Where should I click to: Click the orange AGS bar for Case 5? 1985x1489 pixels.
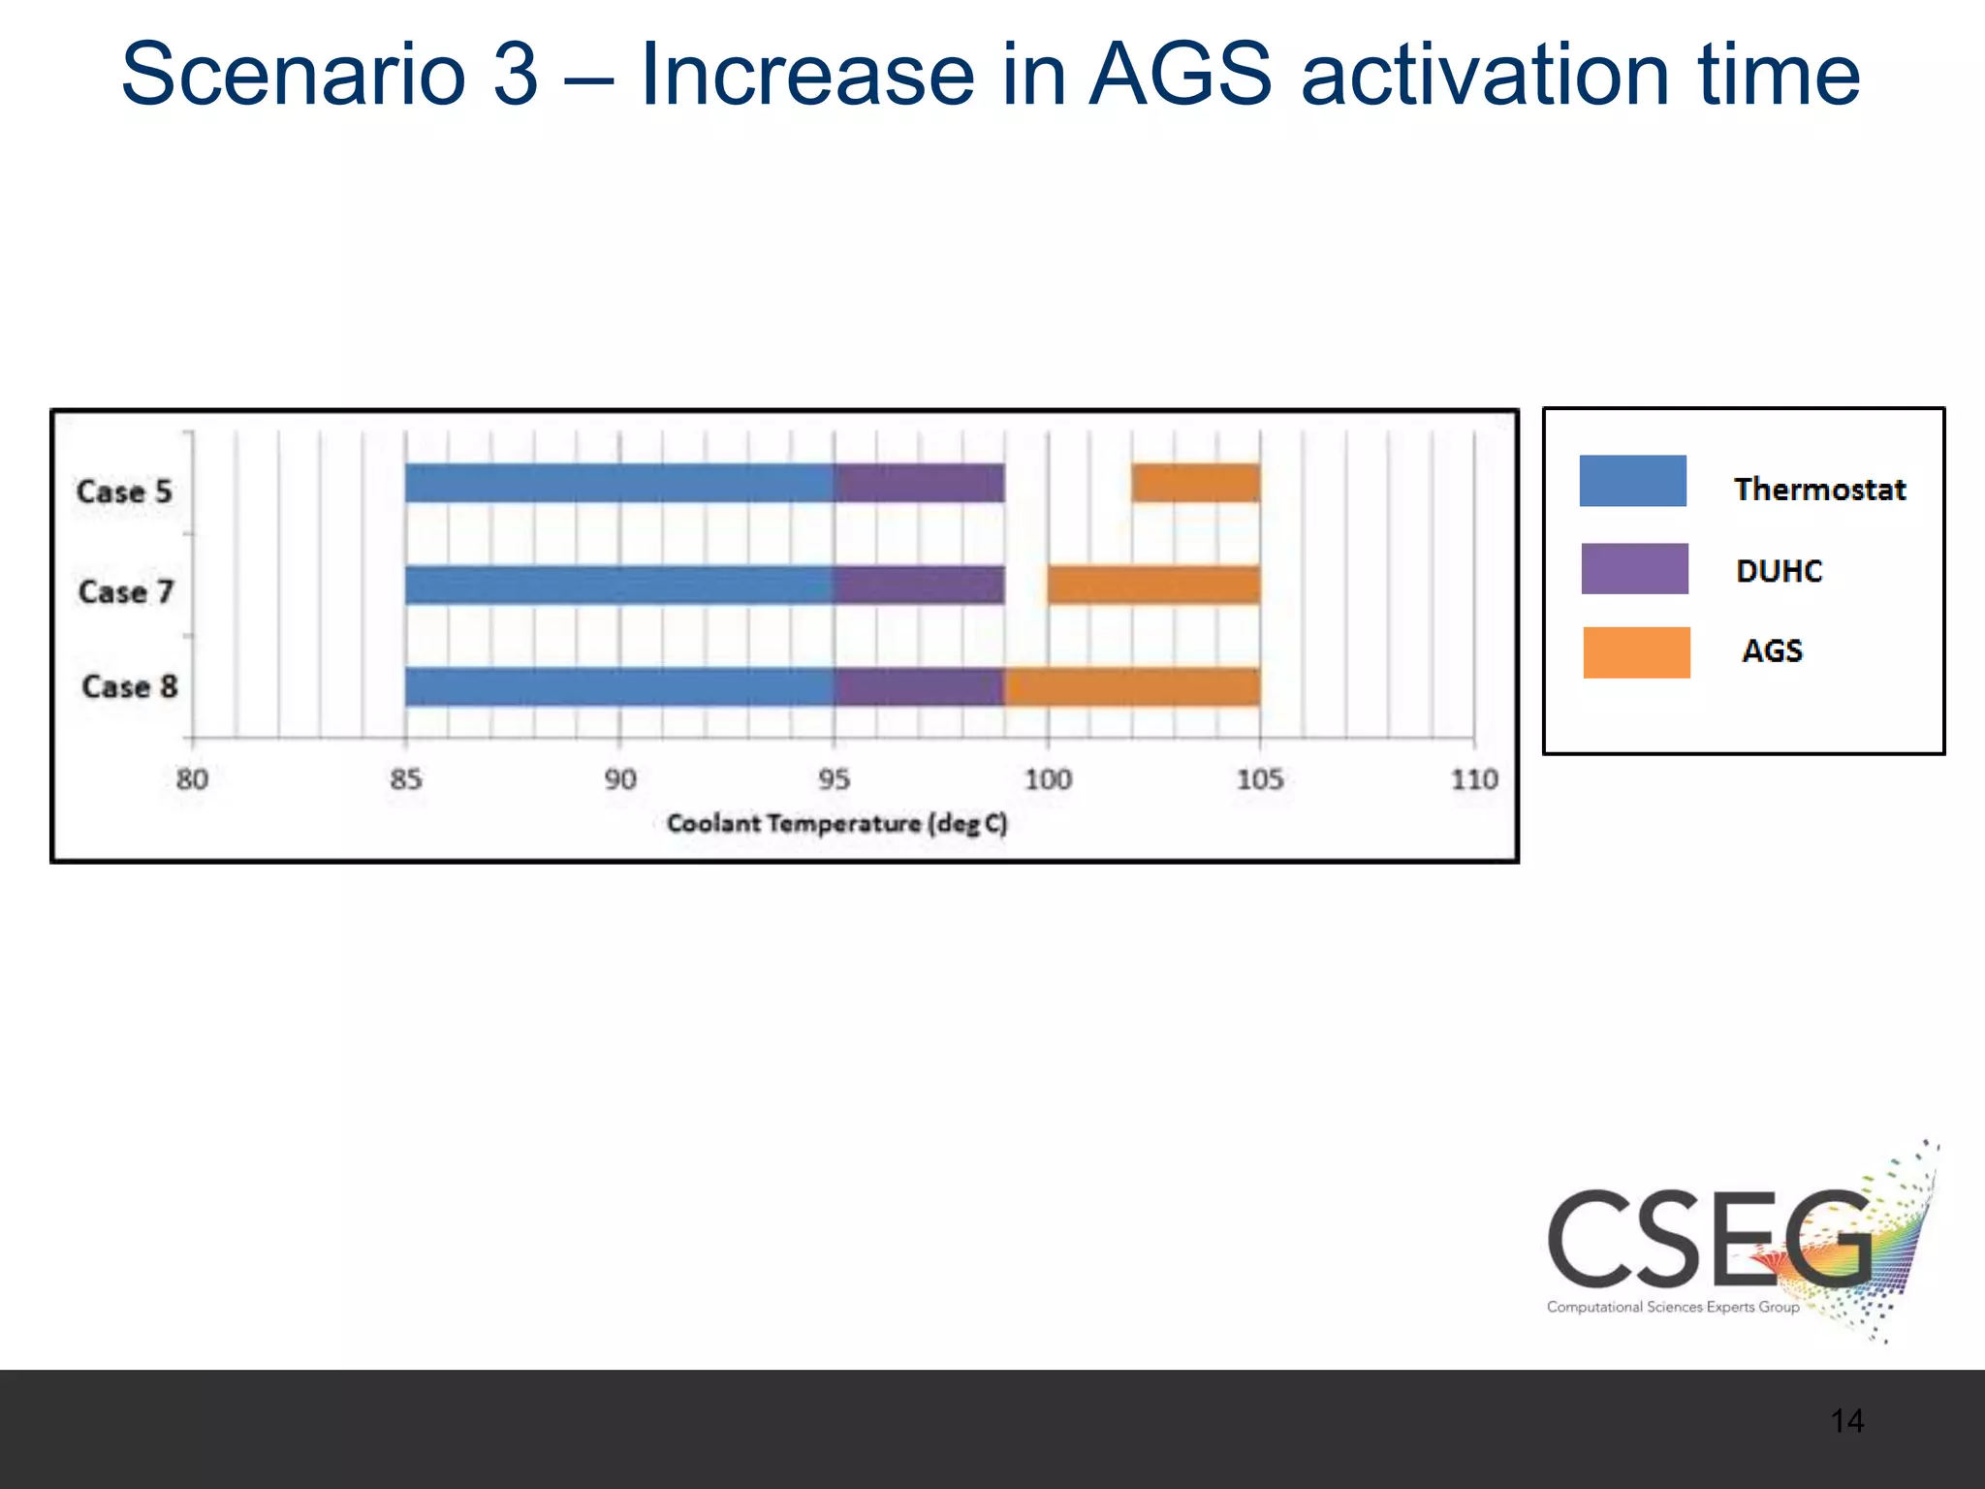1195,484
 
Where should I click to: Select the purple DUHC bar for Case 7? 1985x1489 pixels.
919,585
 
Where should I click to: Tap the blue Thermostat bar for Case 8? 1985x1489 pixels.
619,686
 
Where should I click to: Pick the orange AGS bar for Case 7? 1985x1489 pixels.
1153,585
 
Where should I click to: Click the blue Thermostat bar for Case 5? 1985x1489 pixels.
619,484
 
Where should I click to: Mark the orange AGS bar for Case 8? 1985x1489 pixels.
1132,686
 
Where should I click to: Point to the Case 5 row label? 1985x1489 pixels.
124,491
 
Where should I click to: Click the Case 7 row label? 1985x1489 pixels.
126,591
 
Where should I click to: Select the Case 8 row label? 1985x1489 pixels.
130,687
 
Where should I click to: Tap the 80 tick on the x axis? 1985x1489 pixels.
192,779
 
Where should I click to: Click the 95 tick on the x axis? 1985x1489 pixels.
834,779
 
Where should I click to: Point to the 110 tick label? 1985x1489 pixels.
1474,779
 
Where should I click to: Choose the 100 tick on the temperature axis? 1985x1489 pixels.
1048,779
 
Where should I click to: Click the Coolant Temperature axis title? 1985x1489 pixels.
836,824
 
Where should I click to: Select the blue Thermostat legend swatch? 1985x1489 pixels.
1632,481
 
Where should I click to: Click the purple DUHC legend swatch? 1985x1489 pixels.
1634,569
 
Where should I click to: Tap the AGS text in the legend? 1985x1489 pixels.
1772,650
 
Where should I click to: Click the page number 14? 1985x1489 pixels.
1846,1421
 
